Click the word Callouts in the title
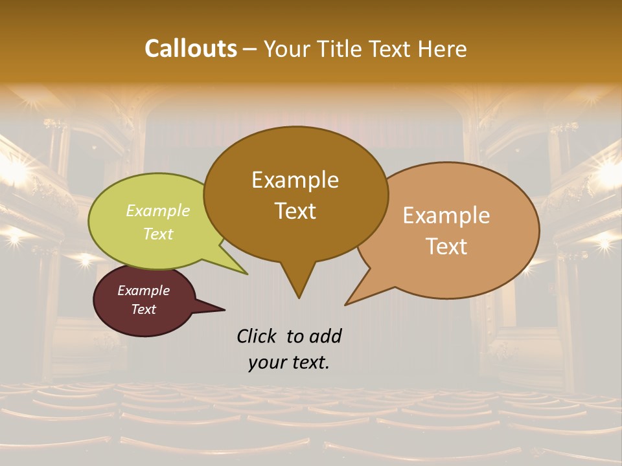point(190,49)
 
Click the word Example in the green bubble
point(158,210)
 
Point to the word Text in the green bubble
point(158,234)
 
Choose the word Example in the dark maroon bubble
point(143,291)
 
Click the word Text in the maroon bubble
point(143,309)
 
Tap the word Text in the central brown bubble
point(295,210)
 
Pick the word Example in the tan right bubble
point(446,215)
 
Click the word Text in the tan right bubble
point(446,246)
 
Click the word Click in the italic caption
point(258,336)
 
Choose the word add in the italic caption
point(325,336)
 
